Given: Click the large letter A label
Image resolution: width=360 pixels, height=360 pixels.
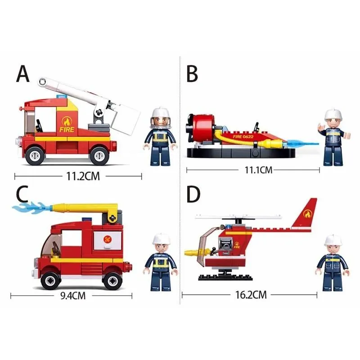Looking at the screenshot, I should click(23, 74).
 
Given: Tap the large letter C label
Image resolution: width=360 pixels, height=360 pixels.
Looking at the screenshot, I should click(22, 194).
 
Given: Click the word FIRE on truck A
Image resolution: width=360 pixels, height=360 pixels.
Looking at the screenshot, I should click(65, 129).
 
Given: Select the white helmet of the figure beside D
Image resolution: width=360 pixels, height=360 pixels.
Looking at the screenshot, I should click(333, 240).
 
